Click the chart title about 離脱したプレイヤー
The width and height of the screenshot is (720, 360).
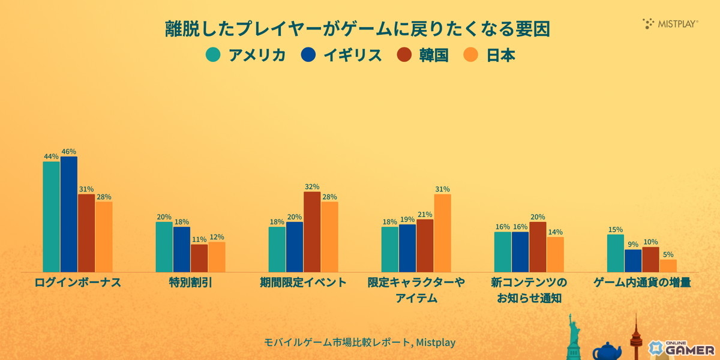358,29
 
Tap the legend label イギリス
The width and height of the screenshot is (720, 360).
352,55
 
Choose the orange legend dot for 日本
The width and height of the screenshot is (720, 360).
471,55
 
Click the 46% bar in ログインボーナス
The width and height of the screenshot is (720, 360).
68,214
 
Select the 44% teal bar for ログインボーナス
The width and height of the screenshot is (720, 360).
51,217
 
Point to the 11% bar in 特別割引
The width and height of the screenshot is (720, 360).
199,258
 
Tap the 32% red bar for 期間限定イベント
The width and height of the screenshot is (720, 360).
312,232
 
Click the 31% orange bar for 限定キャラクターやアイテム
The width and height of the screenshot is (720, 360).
442,233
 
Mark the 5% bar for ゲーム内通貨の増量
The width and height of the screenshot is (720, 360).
668,265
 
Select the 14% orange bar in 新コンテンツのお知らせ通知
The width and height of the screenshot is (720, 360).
555,254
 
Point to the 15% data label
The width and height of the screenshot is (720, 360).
615,229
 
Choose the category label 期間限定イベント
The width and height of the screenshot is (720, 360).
303,282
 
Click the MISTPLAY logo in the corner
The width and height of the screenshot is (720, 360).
671,24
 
